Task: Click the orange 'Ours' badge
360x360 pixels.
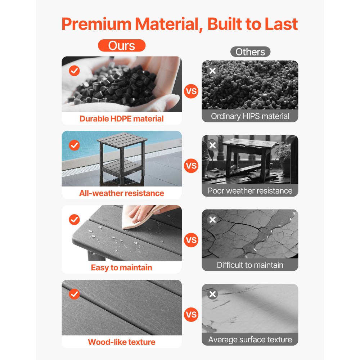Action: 121,45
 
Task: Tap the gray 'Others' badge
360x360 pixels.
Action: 250,51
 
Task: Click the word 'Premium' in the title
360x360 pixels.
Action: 96,24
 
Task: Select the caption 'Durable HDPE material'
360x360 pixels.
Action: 121,119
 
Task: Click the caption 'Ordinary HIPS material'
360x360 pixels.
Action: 250,116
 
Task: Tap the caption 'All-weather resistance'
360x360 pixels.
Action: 121,193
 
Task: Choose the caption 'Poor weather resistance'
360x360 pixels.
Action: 250,191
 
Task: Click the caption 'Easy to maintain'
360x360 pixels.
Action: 121,268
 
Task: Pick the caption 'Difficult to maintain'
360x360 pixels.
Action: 250,265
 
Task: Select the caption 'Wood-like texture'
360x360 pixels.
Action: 121,342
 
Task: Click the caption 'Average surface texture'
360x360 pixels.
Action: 250,339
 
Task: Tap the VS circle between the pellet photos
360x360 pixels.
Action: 191,91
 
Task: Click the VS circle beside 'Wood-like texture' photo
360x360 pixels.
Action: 191,315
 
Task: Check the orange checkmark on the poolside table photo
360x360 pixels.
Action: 75,145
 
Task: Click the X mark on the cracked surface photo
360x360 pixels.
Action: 213,220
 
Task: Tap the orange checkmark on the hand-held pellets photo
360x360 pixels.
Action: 75,71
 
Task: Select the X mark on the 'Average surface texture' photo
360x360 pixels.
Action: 213,294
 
